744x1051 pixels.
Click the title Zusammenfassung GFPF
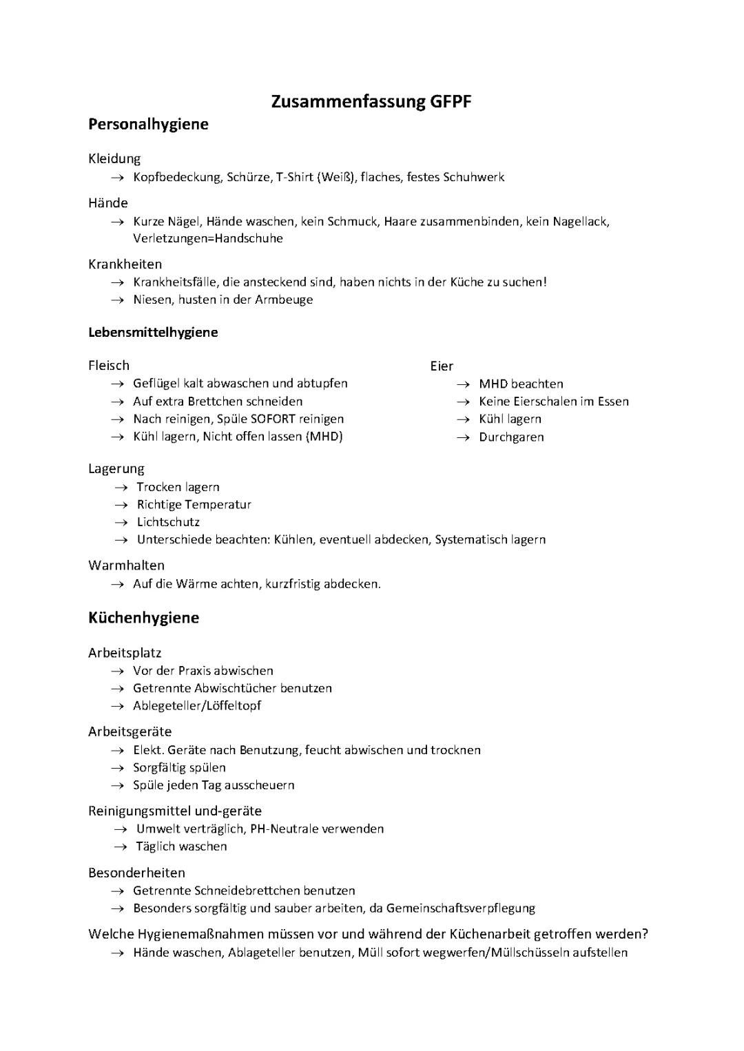point(371,102)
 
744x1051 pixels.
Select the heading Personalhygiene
point(148,125)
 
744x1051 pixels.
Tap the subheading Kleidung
point(114,158)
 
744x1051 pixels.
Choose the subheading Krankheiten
point(125,264)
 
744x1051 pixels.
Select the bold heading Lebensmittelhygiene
point(153,332)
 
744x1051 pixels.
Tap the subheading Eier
point(442,366)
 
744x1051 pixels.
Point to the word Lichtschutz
point(168,522)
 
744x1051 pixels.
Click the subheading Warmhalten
point(127,565)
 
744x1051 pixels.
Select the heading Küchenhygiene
point(143,618)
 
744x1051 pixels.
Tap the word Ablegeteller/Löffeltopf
point(197,705)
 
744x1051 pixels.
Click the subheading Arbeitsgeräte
point(130,731)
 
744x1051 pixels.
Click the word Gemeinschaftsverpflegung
point(460,908)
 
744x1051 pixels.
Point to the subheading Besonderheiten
point(136,873)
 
